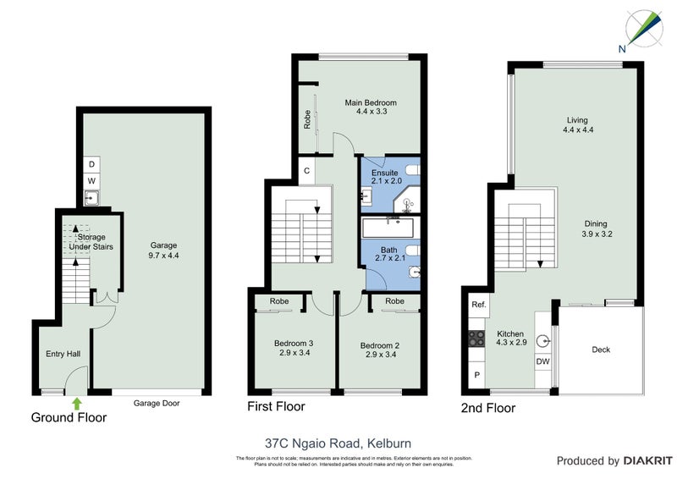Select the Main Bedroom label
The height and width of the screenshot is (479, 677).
point(370,107)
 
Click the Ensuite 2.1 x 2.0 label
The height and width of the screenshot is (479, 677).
point(385,175)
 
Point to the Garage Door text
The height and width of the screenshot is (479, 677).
point(157,404)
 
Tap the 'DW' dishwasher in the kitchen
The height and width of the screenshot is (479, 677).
point(543,362)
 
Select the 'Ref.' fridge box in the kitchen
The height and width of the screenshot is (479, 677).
point(478,304)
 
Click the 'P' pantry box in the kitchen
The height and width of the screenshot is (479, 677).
point(475,374)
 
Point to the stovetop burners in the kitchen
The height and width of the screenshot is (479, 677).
point(476,339)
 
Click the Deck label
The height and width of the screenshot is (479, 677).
point(601,350)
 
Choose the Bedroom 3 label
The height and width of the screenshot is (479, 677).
point(294,348)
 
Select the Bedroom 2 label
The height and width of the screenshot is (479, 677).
point(379,348)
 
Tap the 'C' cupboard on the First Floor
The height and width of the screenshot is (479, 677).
point(306,170)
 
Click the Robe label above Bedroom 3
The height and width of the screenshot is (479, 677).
point(278,301)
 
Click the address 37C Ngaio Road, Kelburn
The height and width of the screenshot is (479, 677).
point(338,441)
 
